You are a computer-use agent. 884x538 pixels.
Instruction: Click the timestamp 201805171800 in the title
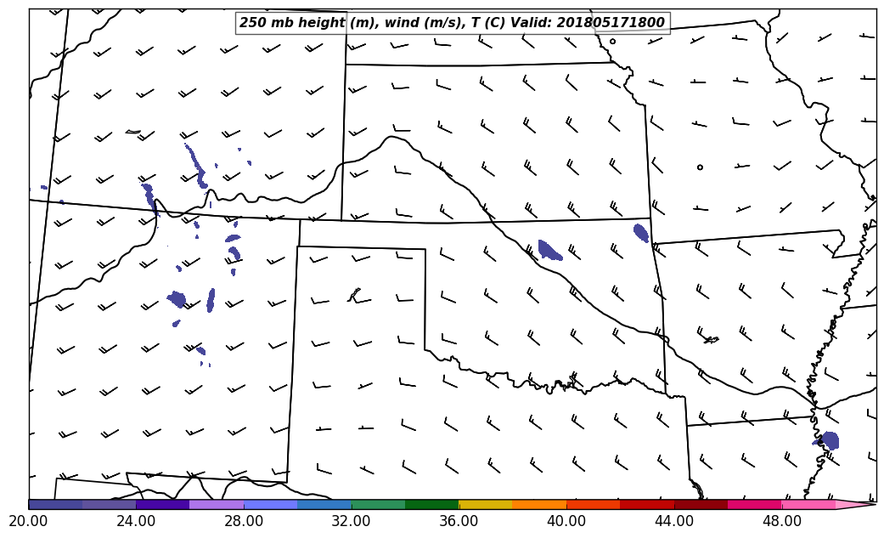point(611,23)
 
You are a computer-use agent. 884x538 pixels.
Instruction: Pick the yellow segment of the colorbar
point(485,505)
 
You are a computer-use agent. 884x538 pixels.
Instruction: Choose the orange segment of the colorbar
point(539,505)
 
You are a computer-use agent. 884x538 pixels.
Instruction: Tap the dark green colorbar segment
point(431,505)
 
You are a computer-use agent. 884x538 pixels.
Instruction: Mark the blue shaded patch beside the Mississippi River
point(829,440)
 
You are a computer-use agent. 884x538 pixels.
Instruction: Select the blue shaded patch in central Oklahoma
point(549,250)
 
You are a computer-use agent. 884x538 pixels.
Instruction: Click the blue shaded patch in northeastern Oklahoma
point(641,232)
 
